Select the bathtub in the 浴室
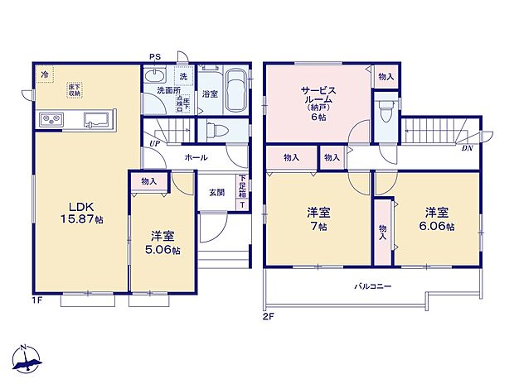(235, 91)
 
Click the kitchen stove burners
(49, 122)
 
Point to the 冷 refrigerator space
(44, 74)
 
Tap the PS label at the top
(154, 56)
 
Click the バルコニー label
(373, 286)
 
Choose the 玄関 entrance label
(216, 192)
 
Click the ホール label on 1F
(196, 156)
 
